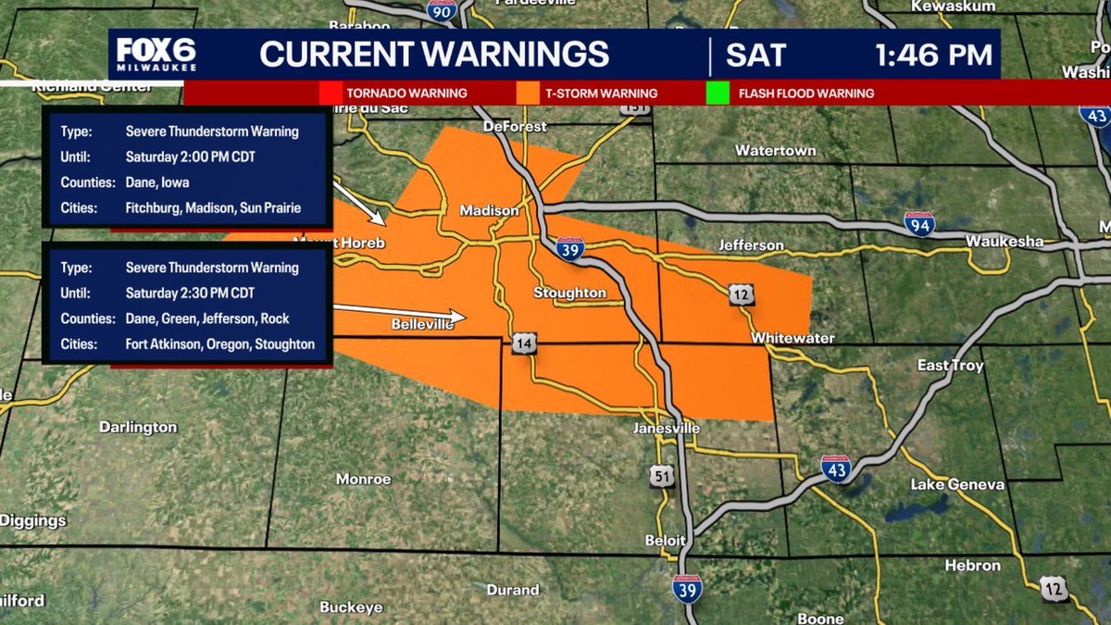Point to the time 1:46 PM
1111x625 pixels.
tap(933, 55)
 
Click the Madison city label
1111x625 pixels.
tap(490, 211)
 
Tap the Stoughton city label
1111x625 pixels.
tap(569, 294)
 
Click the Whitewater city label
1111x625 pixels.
tap(793, 339)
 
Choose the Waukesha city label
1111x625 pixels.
tap(1004, 242)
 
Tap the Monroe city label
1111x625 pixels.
tap(363, 480)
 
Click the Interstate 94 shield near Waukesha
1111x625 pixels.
tap(919, 222)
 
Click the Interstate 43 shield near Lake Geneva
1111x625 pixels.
tap(835, 469)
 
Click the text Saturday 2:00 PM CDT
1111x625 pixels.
tap(190, 156)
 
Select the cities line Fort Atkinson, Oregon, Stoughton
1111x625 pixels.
tap(220, 344)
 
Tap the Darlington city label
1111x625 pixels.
tap(138, 427)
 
